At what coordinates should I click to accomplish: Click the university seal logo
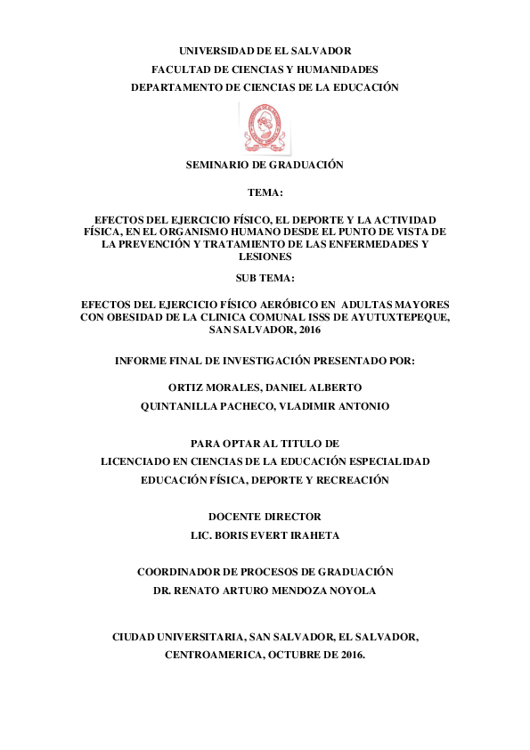265,126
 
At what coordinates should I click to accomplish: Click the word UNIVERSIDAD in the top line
216,52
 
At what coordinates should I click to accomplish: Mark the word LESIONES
265,256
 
